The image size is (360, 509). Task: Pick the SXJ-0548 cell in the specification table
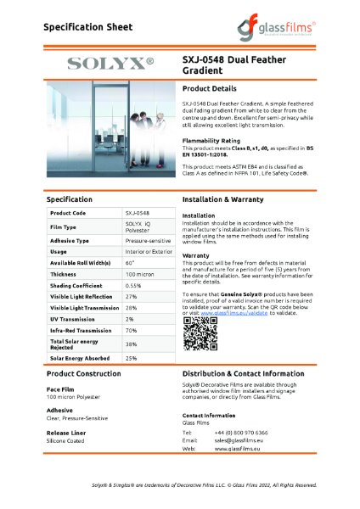(x=138, y=213)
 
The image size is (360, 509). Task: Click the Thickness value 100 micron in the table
(x=140, y=274)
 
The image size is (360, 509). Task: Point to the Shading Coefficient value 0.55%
(x=134, y=286)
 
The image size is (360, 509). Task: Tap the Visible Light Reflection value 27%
(x=132, y=297)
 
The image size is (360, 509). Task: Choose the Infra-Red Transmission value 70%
(x=132, y=330)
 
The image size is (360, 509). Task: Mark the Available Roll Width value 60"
(x=131, y=263)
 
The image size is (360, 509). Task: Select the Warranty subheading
(x=196, y=255)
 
